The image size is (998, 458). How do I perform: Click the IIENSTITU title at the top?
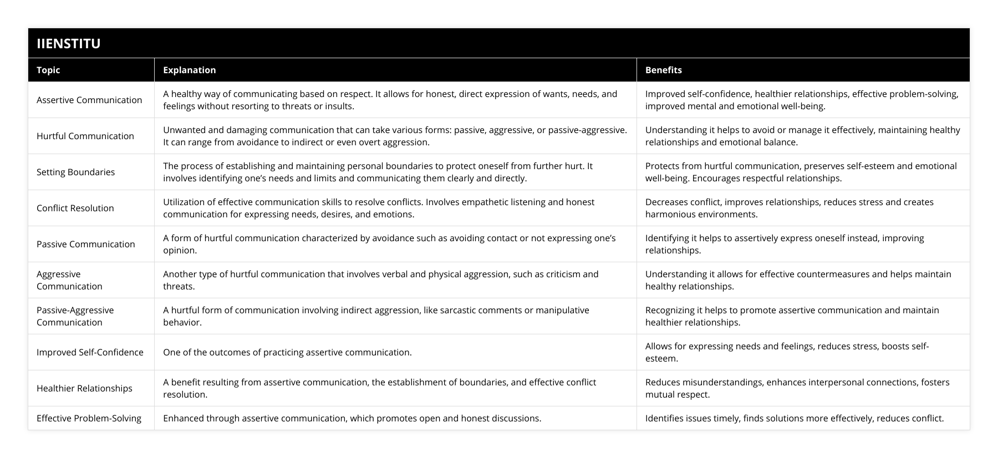pyautogui.click(x=68, y=43)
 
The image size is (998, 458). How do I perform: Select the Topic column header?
pyautogui.click(x=48, y=70)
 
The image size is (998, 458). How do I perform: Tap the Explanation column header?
pyautogui.click(x=189, y=70)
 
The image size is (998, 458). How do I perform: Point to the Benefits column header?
pyautogui.click(x=663, y=70)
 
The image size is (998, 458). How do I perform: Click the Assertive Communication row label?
pyautogui.click(x=89, y=100)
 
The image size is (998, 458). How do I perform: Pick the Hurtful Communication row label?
pyautogui.click(x=85, y=136)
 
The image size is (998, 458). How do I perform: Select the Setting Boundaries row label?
pyautogui.click(x=76, y=172)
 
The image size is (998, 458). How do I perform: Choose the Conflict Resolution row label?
pyautogui.click(x=75, y=208)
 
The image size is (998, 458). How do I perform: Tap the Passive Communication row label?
pyautogui.click(x=86, y=244)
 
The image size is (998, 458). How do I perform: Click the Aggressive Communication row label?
pyautogui.click(x=69, y=280)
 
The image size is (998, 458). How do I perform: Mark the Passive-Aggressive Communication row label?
pyautogui.click(x=75, y=316)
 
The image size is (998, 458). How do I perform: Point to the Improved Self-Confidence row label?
pyautogui.click(x=90, y=352)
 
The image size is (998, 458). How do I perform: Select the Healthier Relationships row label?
pyautogui.click(x=84, y=388)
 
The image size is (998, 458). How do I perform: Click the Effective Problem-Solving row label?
pyautogui.click(x=89, y=418)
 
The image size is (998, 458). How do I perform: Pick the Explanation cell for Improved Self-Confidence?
pyautogui.click(x=287, y=352)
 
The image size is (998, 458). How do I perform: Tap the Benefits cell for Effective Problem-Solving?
pyautogui.click(x=794, y=418)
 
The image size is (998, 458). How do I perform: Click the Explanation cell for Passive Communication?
pyautogui.click(x=389, y=244)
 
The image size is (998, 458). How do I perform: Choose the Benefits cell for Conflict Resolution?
pyautogui.click(x=789, y=208)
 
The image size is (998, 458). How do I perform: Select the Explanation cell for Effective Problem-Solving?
pyautogui.click(x=352, y=418)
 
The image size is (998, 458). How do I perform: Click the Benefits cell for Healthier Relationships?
pyautogui.click(x=797, y=388)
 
